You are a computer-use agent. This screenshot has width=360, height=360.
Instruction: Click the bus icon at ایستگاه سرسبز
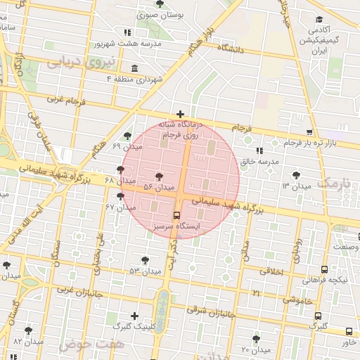click(176, 216)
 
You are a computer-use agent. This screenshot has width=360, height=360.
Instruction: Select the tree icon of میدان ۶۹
click(127, 136)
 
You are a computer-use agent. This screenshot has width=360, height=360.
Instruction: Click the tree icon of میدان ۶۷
click(121, 197)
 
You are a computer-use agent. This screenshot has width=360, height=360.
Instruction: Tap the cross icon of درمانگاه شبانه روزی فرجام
click(181, 114)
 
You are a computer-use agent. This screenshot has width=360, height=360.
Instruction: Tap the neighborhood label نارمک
click(333, 182)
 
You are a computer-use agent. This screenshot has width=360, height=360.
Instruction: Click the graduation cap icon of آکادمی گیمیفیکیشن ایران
click(320, 20)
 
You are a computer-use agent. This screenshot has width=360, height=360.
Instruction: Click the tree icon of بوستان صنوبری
click(161, 4)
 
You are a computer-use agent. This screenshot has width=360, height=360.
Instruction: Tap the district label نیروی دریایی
click(74, 62)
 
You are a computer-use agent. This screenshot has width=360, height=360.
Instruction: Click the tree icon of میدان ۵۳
click(145, 260)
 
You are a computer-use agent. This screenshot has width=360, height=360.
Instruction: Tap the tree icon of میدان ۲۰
click(257, 339)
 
